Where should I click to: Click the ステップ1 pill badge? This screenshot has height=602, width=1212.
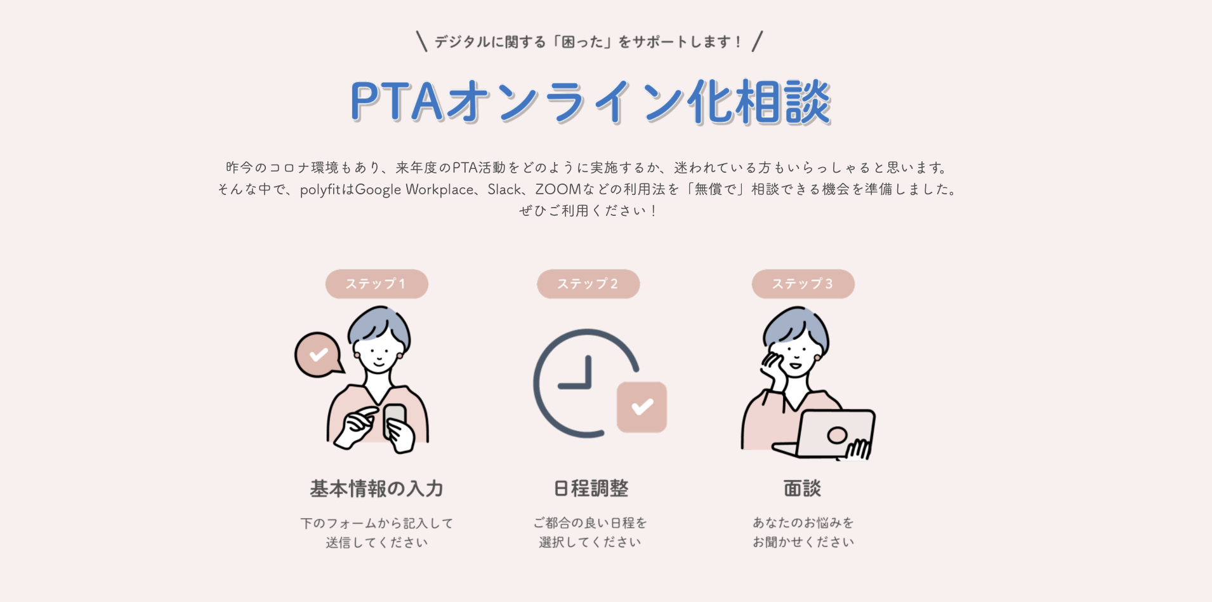coord(376,284)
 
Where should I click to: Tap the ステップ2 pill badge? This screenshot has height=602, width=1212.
coord(588,284)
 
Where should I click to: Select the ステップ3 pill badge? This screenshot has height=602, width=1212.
coord(803,284)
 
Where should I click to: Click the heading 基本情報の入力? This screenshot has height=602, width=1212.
coord(376,488)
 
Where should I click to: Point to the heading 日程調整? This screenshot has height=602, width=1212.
coord(591,488)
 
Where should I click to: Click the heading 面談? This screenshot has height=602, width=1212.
coord(802,488)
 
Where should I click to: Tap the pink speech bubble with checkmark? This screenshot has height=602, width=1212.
coord(318,354)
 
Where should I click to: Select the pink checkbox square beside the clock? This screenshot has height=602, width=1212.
coord(642,407)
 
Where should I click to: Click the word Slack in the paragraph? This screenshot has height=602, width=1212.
coord(504,189)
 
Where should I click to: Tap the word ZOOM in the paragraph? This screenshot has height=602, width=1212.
coord(558,189)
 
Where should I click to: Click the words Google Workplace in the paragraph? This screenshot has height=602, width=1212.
coord(414,189)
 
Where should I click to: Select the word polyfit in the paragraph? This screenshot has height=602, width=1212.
coord(320,189)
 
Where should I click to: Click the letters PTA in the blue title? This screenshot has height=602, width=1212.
coord(396,102)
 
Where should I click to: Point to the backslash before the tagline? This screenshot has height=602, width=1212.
coord(421,41)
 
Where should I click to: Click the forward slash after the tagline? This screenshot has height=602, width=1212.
coord(757,41)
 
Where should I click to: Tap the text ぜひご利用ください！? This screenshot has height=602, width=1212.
coord(588,211)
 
